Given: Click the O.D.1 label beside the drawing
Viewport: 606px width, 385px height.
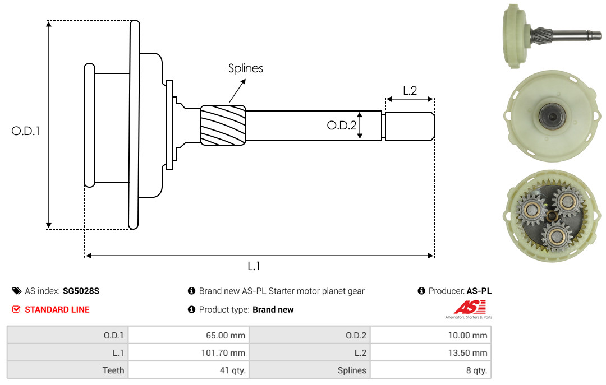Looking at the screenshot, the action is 25,131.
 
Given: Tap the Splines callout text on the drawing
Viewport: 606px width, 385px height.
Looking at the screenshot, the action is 245,68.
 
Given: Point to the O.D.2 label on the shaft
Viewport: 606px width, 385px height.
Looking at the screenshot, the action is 342,125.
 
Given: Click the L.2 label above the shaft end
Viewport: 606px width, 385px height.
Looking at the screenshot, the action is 410,90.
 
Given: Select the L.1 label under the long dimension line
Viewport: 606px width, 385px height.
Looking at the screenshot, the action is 254,266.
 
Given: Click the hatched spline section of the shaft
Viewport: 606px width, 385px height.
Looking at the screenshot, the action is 223,125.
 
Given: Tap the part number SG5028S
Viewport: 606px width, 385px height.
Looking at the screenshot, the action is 81,291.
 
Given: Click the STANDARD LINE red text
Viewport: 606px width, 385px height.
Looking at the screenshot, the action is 57,309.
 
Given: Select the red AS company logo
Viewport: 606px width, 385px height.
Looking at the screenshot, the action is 470,308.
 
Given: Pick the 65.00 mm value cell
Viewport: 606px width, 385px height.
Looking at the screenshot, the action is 189,335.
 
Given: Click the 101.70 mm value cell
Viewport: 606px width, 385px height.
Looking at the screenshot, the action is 189,352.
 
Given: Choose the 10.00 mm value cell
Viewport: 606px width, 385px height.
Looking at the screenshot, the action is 431,335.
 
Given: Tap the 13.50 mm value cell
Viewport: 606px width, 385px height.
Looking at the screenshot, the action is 431,352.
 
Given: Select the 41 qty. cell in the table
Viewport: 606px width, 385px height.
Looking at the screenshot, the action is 189,370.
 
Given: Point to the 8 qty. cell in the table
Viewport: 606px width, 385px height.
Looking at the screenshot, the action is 431,370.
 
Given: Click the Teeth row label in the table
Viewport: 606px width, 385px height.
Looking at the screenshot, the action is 113,370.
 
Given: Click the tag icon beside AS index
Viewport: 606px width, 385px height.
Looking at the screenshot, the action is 17,291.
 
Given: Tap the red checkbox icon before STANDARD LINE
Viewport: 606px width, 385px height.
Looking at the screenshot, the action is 16,309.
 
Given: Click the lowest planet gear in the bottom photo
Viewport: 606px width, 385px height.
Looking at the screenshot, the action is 557,236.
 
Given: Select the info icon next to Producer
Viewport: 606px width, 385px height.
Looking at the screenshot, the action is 421,291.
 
